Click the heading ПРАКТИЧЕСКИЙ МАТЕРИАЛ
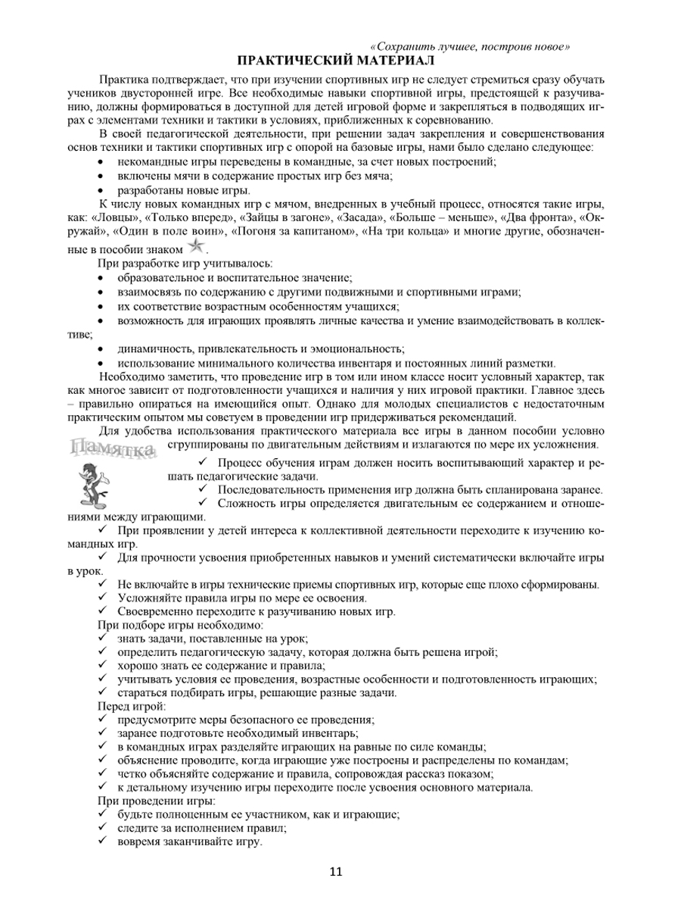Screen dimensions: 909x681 [x=337, y=60]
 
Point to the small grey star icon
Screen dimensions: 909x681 [x=196, y=245]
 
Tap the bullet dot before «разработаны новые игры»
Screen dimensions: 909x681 [x=102, y=191]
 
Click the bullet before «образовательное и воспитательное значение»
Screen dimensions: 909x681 [x=102, y=279]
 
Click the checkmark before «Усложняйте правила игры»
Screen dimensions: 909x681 [x=103, y=598]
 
